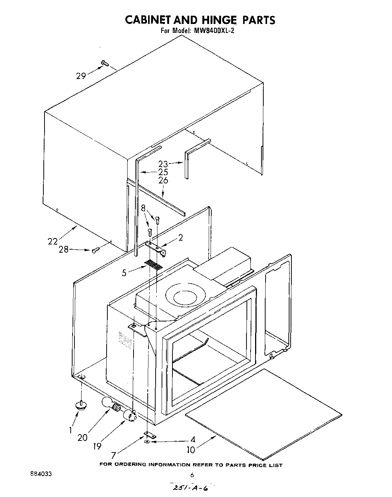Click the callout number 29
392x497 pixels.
pos(81,76)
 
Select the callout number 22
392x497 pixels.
pos(53,241)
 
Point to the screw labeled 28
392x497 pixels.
pos(96,250)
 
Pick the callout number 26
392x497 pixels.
pos(163,180)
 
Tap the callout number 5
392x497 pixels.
pos(124,273)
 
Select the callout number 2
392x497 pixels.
pos(181,237)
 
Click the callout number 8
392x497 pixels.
pos(144,208)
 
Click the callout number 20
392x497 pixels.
pos(83,437)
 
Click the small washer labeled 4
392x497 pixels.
pos(147,442)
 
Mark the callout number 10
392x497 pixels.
pos(191,449)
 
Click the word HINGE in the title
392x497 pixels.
pos(216,20)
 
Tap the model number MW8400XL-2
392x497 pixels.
pos(214,31)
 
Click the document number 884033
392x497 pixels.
pos(41,473)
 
